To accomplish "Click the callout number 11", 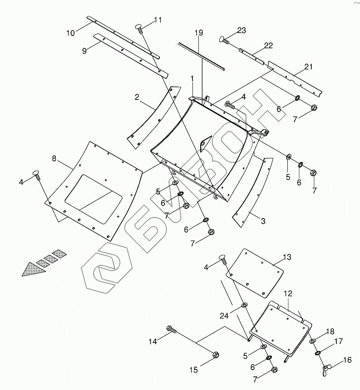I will pyautogui.click(x=157, y=20).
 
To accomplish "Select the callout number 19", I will pyautogui.click(x=199, y=33).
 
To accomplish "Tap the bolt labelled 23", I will pyautogui.click(x=224, y=40).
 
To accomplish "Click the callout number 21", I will pyautogui.click(x=308, y=66).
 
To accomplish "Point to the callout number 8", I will pyautogui.click(x=54, y=158).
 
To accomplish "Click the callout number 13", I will pyautogui.click(x=287, y=257).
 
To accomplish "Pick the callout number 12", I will pyautogui.click(x=288, y=293).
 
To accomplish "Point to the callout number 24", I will pyautogui.click(x=224, y=315).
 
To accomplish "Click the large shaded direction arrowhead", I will pyautogui.click(x=34, y=269).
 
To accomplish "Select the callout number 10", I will pyautogui.click(x=70, y=32).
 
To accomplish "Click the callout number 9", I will pyautogui.click(x=84, y=50).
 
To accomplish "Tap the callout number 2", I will pyautogui.click(x=137, y=97).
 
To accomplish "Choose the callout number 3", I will pyautogui.click(x=263, y=221).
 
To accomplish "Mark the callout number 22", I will pyautogui.click(x=269, y=45).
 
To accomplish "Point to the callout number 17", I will pyautogui.click(x=338, y=341).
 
